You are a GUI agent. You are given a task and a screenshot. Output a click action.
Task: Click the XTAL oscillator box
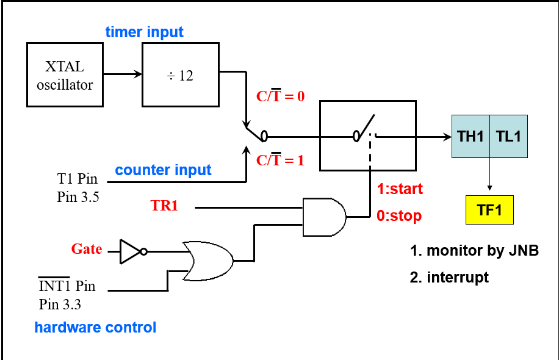[x=65, y=74]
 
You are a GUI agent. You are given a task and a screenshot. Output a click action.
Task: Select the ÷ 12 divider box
[x=180, y=74]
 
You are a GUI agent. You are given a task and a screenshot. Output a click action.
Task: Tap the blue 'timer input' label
[x=144, y=32]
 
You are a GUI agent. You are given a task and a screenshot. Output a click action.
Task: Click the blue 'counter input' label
[x=163, y=170]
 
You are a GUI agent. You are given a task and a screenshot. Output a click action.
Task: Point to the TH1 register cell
[x=471, y=137]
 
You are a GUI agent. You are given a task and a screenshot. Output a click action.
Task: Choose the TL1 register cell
[x=508, y=137]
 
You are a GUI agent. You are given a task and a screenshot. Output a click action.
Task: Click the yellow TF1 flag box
[x=489, y=211]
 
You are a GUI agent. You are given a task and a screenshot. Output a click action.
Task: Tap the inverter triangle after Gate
[x=131, y=251]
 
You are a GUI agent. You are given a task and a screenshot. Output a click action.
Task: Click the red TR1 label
[x=164, y=206]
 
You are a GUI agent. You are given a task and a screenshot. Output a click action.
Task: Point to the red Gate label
[x=87, y=249]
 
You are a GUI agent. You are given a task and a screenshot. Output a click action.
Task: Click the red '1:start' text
[x=400, y=189]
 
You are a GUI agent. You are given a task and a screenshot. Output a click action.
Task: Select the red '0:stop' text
[x=399, y=216]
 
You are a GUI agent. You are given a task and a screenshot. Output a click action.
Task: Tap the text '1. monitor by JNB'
[x=474, y=250]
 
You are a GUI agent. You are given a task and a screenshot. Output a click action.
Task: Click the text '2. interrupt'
[x=449, y=278]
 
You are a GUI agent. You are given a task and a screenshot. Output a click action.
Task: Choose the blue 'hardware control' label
[x=95, y=328]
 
